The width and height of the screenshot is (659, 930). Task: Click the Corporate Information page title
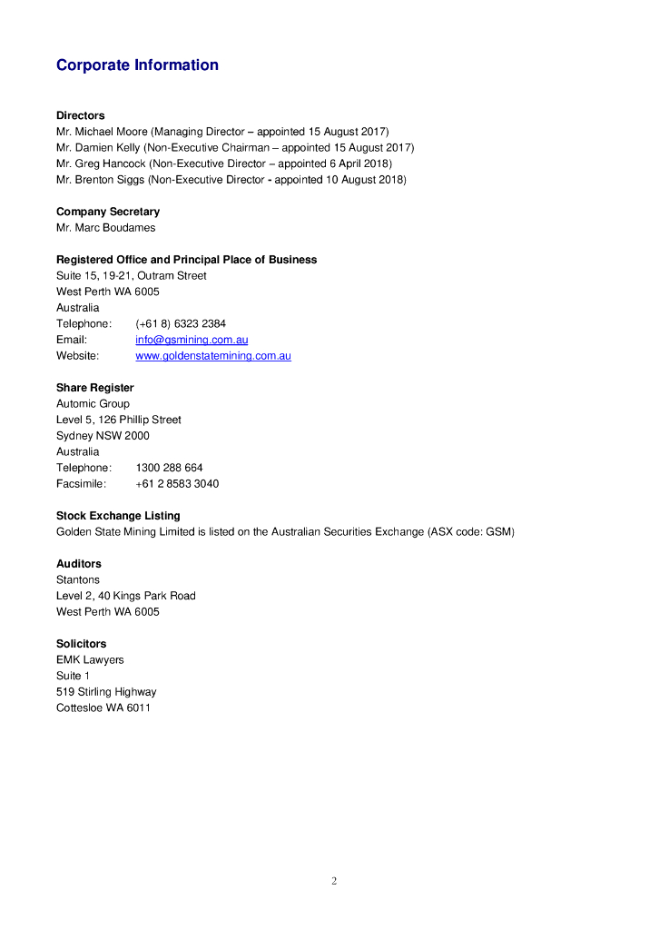click(x=137, y=65)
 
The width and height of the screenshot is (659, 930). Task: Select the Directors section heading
click(x=80, y=115)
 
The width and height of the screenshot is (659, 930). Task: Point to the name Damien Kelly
click(x=109, y=148)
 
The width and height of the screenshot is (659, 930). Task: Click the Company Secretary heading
click(x=107, y=212)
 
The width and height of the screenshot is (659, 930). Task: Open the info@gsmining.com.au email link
click(x=192, y=340)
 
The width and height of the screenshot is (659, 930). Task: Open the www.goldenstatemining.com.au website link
click(x=213, y=356)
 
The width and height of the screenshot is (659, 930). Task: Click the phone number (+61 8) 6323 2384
click(x=181, y=324)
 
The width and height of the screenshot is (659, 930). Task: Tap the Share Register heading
click(x=94, y=388)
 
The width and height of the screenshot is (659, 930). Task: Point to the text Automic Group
click(x=93, y=404)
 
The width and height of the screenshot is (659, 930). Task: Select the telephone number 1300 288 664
click(x=169, y=468)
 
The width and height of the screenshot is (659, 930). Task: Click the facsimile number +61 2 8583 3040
click(x=177, y=484)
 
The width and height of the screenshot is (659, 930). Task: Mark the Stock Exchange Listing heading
click(x=118, y=516)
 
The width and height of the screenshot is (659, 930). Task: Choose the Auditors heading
click(x=79, y=564)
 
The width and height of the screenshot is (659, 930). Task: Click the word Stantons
click(x=78, y=580)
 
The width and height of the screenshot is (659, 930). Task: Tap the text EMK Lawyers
click(x=90, y=660)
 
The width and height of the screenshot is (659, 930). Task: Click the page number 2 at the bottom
click(x=334, y=881)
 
